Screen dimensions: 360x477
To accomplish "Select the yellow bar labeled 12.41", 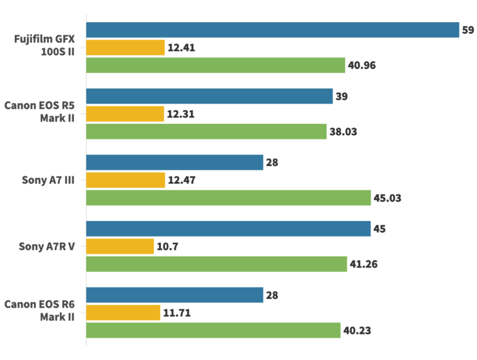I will (x=125, y=48).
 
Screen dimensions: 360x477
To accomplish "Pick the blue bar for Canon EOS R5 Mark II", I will (x=209, y=96).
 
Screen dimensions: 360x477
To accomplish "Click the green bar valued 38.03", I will (x=206, y=131).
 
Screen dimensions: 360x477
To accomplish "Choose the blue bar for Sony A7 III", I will (x=175, y=162).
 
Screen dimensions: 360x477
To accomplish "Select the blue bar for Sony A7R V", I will (x=228, y=229).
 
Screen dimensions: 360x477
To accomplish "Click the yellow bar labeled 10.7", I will (x=120, y=246).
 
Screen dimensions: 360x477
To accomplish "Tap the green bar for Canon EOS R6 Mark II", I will (x=213, y=330).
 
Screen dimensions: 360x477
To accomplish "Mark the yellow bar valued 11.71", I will (x=123, y=312).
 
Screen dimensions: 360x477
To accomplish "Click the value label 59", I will (x=468, y=30).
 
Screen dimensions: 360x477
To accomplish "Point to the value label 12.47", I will (x=182, y=180).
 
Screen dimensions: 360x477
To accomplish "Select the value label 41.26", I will (x=365, y=263).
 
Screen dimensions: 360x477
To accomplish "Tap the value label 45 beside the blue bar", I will (x=380, y=229).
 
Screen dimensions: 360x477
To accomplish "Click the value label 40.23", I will (x=358, y=330).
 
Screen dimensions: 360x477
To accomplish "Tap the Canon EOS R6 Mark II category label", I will (x=39, y=312).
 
